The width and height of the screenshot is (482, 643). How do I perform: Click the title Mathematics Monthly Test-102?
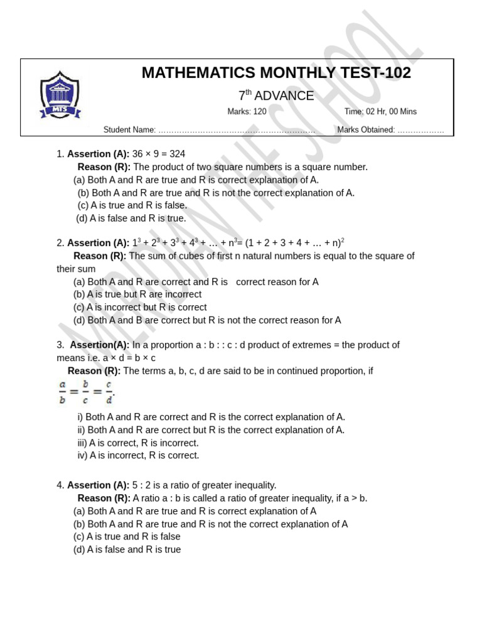(x=276, y=73)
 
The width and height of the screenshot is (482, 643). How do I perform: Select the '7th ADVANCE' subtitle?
(x=276, y=96)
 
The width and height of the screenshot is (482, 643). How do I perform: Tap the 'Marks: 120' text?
(x=247, y=112)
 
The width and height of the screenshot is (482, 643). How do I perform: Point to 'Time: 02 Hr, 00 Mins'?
(x=380, y=112)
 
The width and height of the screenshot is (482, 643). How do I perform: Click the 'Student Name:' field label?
(x=130, y=130)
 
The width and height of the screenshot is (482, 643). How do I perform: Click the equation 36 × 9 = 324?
(x=159, y=154)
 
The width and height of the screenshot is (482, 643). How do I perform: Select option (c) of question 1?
(x=132, y=205)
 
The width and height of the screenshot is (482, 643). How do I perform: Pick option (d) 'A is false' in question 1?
(x=131, y=219)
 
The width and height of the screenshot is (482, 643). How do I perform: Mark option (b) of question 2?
(x=137, y=294)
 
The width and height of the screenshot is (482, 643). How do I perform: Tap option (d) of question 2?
(x=207, y=320)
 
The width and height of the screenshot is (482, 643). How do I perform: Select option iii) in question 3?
(x=138, y=443)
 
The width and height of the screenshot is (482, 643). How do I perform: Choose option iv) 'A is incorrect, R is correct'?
(x=138, y=455)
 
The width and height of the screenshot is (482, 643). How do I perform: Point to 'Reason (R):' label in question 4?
(x=104, y=499)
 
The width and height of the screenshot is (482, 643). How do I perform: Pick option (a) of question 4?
(x=195, y=511)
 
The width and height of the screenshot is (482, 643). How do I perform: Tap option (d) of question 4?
(x=127, y=549)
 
